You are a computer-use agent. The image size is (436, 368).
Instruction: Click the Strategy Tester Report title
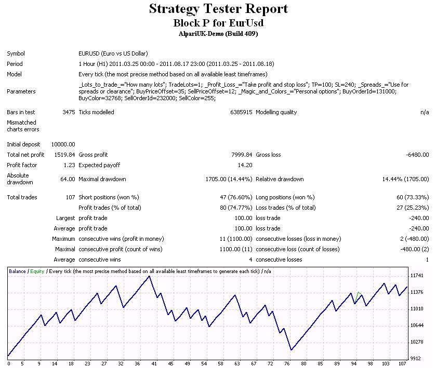[218, 9]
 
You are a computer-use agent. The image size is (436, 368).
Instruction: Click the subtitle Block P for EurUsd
[218, 23]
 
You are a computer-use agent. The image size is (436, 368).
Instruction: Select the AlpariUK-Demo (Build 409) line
[218, 34]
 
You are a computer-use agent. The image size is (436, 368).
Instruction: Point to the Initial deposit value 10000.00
[63, 144]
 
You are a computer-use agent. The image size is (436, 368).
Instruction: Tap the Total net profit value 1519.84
[64, 155]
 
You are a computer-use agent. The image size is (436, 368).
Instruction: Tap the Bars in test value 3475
[69, 112]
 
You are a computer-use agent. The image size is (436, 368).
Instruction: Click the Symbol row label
[16, 53]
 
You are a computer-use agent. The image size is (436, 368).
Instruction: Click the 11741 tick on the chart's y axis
[417, 276]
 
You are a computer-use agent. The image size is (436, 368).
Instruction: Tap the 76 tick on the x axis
[291, 363]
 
